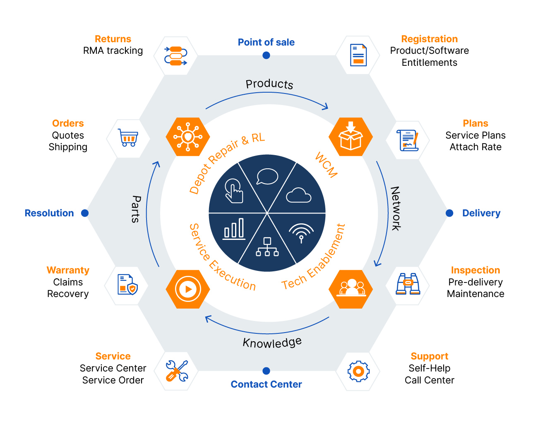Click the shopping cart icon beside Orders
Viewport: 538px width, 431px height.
(128, 138)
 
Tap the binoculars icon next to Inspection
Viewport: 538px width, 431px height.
(408, 284)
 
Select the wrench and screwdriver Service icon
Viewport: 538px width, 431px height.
(177, 371)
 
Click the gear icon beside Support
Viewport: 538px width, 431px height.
(358, 371)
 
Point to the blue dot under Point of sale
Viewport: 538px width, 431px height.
(267, 55)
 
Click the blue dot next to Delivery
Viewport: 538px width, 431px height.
(449, 213)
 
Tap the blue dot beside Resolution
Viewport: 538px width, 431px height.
(85, 213)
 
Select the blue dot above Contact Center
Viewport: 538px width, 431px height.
(267, 371)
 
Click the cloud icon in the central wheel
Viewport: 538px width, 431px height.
(298, 195)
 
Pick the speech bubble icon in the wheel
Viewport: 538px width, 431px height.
(267, 177)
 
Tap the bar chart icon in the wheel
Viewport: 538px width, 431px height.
(234, 229)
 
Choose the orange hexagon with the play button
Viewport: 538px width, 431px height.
(188, 289)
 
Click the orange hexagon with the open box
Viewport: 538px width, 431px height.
(351, 136)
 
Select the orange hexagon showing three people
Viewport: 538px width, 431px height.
(351, 289)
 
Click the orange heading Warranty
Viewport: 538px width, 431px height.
(68, 270)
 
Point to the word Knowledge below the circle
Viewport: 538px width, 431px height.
(272, 342)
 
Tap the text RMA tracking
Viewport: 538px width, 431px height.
(113, 50)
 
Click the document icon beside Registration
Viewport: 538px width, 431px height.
(358, 55)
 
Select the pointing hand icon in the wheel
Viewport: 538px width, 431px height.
(234, 191)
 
